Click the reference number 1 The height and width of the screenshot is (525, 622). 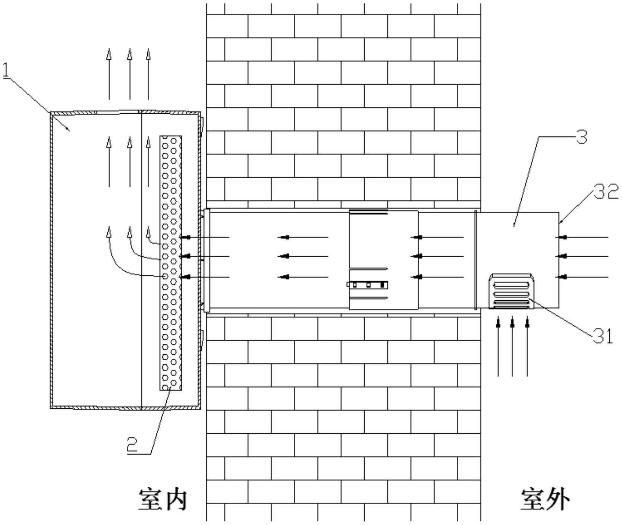coord(6,70)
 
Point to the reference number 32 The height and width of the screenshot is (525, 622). coord(606,193)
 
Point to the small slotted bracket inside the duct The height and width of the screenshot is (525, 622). coord(368,285)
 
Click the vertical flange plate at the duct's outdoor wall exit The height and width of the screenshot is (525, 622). coord(476,260)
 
